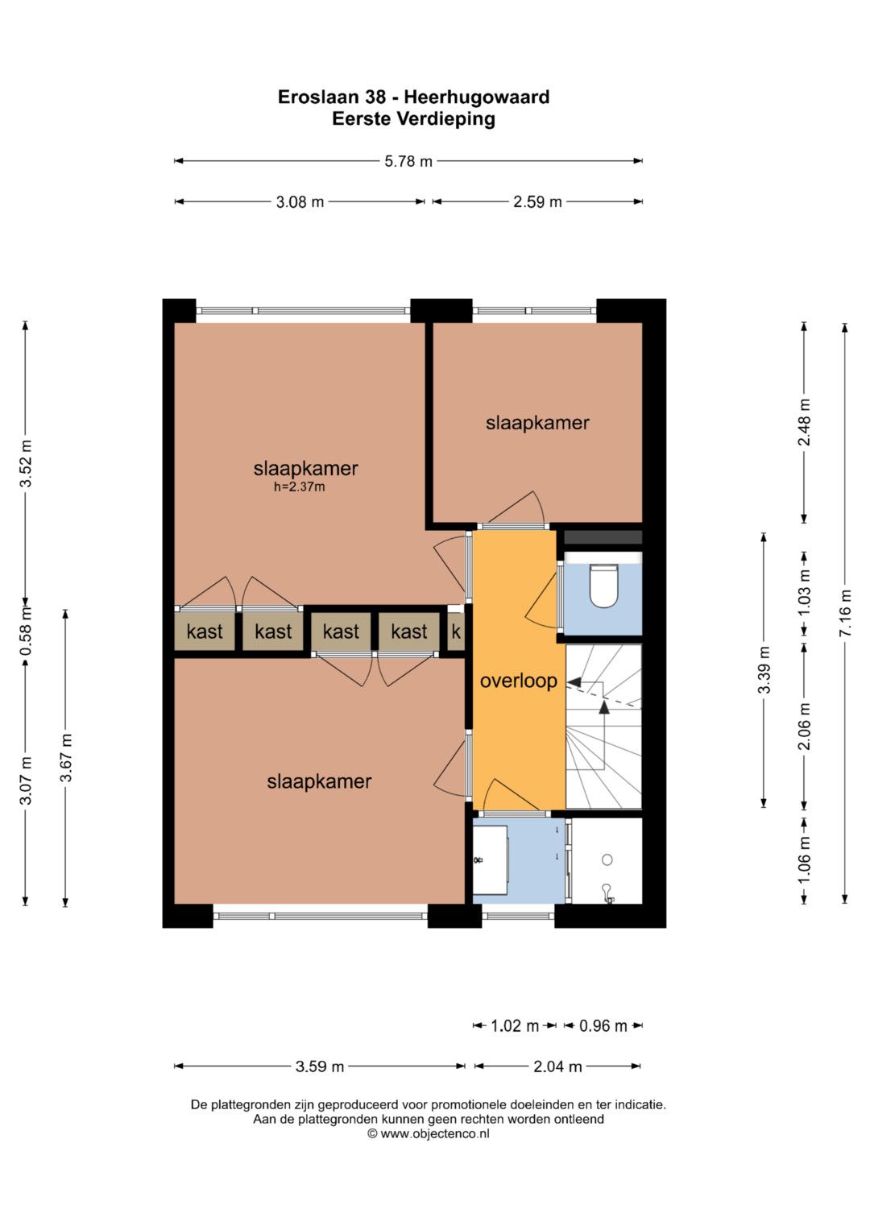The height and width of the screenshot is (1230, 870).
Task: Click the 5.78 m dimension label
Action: click(408, 161)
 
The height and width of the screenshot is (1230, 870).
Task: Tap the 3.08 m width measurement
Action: click(300, 202)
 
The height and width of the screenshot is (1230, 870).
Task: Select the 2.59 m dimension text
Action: click(537, 202)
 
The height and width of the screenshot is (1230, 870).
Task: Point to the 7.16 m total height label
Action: click(845, 613)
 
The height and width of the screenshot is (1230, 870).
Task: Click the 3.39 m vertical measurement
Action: click(764, 670)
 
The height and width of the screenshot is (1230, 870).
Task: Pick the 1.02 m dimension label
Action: click(515, 1025)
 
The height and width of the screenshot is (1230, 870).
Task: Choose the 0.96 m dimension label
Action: click(603, 1025)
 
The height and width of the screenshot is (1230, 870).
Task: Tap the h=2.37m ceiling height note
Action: click(300, 487)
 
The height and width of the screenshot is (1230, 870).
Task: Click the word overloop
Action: click(519, 681)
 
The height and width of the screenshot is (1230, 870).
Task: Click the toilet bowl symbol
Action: click(603, 586)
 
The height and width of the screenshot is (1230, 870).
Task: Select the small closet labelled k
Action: click(456, 632)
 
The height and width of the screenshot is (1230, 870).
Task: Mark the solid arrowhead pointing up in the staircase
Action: click(603, 707)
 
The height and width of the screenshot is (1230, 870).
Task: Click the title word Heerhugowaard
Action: click(477, 97)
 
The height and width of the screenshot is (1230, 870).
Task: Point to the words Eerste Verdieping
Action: click(413, 118)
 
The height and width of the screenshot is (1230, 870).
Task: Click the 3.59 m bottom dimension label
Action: click(320, 1066)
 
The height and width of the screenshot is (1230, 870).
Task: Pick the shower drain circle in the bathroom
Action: click(607, 860)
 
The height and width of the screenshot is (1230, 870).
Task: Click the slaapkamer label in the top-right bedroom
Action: click(537, 423)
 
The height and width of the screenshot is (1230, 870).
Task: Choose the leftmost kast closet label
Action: click(205, 632)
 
